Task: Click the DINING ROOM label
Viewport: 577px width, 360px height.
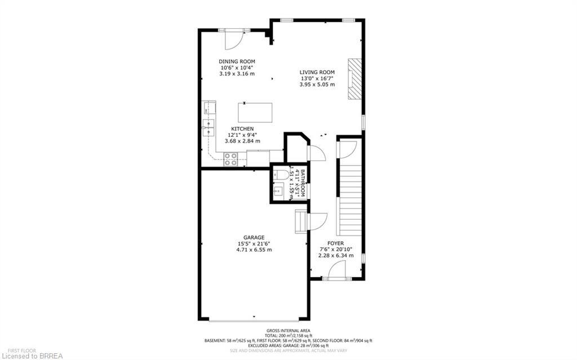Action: pyautogui.click(x=237, y=61)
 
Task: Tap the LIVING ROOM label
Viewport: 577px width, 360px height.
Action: pyautogui.click(x=317, y=72)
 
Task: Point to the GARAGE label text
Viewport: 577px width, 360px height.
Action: pyautogui.click(x=254, y=237)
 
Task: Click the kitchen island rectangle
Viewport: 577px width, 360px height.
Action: pyautogui.click(x=255, y=112)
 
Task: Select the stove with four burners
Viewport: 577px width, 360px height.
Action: pyautogui.click(x=230, y=160)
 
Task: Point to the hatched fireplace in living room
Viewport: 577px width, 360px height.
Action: pyautogui.click(x=354, y=78)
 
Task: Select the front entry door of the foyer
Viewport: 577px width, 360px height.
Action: pyautogui.click(x=338, y=270)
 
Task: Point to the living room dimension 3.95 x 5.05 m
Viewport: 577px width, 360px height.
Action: pyautogui.click(x=317, y=85)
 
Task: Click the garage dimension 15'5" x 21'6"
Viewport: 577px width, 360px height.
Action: pyautogui.click(x=254, y=243)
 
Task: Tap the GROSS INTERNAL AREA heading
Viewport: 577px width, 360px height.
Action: pyautogui.click(x=288, y=331)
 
